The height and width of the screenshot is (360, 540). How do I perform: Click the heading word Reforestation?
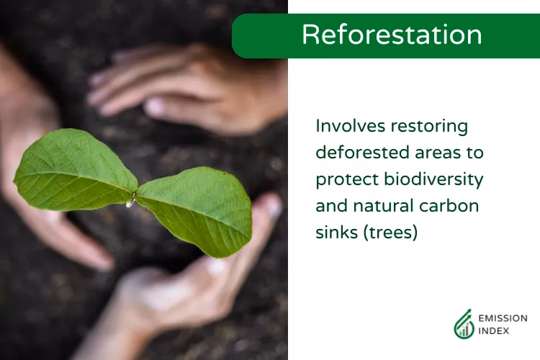(x=392, y=35)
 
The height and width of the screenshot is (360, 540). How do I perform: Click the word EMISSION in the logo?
(x=503, y=318)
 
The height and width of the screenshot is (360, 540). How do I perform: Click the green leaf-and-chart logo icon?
(x=464, y=325)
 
